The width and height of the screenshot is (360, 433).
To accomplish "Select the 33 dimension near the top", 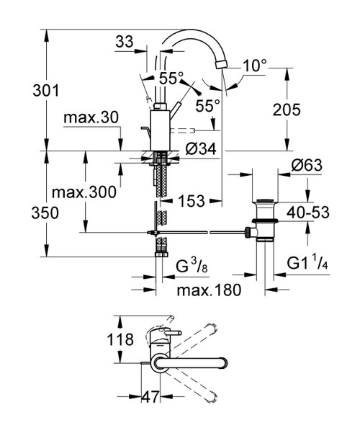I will (125, 43).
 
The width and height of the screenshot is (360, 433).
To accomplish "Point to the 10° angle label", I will (253, 66).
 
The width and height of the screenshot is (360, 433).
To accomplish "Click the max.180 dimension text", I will (207, 289).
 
